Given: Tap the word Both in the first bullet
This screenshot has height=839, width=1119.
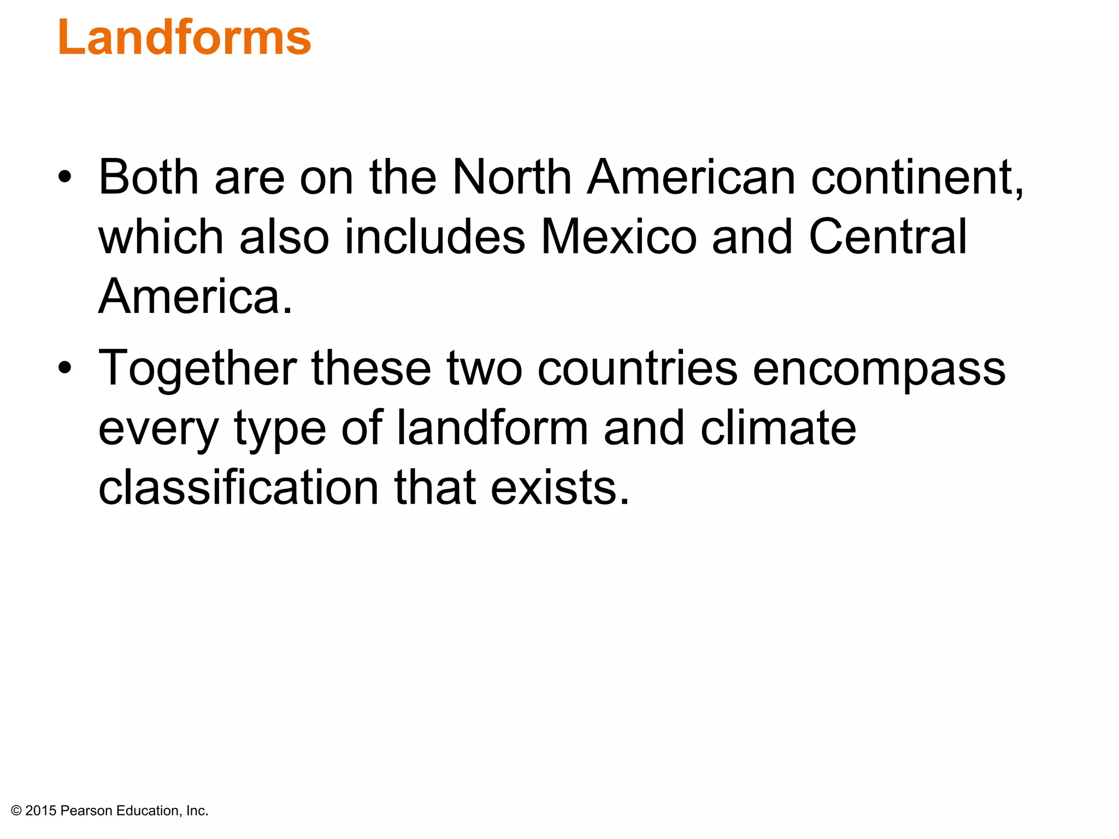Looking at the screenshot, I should [148, 177].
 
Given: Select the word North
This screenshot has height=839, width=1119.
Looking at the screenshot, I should [512, 177].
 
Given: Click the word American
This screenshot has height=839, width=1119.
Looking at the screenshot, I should [691, 177].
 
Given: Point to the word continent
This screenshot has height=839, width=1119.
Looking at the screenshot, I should [917, 178].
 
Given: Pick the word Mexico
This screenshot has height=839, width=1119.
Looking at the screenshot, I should [619, 237].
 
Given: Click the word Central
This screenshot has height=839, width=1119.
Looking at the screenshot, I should [888, 237].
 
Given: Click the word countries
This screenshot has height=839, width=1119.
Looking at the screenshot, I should [637, 368].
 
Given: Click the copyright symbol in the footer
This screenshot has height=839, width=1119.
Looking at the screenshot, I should [16, 811].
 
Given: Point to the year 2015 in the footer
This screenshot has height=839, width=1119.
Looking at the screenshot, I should [41, 811].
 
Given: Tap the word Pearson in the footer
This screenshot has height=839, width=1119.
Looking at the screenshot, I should [86, 811].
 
